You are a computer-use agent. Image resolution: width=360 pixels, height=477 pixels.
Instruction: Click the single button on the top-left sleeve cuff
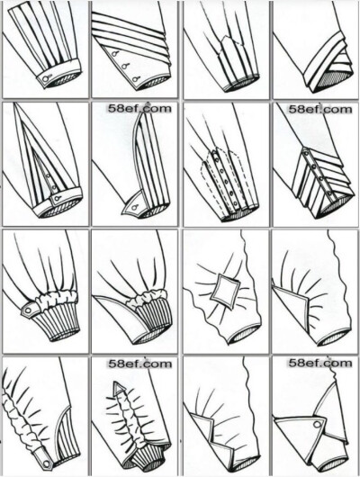[x=46, y=79]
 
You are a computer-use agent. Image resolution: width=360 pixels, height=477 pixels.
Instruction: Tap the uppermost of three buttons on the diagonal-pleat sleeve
[x=114, y=54]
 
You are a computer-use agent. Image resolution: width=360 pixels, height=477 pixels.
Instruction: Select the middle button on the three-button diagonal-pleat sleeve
[x=124, y=66]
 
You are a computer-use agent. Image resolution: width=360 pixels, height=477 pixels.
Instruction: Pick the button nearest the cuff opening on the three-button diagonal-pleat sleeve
[x=134, y=79]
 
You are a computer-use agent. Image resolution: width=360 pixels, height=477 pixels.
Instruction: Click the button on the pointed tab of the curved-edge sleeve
[x=134, y=208]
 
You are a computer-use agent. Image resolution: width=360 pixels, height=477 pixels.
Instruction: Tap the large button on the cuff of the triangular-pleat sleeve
[x=57, y=200]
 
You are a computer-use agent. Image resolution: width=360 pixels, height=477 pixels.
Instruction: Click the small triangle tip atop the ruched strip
[x=119, y=387]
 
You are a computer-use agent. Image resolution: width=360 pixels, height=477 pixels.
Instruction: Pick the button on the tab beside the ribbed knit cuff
[x=28, y=310]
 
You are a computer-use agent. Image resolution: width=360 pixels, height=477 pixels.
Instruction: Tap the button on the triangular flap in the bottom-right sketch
[x=318, y=424]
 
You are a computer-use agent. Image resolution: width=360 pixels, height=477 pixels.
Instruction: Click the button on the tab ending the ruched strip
[x=46, y=463]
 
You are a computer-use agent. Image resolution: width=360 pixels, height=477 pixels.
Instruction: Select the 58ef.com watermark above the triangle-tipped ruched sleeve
[x=139, y=364]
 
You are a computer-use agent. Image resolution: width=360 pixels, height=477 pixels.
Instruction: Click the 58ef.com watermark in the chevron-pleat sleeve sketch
[x=319, y=109]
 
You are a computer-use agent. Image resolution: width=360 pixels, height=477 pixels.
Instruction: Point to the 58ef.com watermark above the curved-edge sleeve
[x=139, y=108]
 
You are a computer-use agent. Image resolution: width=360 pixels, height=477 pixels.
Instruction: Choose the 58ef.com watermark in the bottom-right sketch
[x=319, y=363]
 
